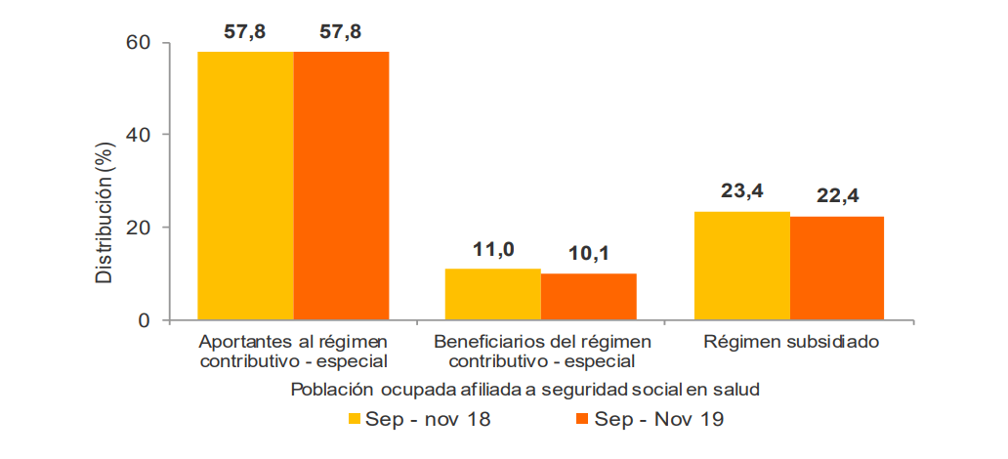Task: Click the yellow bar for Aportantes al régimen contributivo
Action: pos(245,186)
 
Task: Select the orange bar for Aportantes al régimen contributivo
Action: pos(341,186)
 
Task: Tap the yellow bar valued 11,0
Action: pos(492,294)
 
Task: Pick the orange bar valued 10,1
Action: pos(588,296)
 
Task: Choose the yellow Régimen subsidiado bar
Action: pos(741,266)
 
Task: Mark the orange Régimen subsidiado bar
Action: pos(837,268)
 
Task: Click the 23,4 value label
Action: pos(741,192)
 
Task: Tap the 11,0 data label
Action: pos(493,250)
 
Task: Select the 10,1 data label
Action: pos(588,255)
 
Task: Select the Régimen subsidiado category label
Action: pos(790,342)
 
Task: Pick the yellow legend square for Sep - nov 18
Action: pos(356,420)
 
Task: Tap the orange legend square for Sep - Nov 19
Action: pos(583,420)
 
